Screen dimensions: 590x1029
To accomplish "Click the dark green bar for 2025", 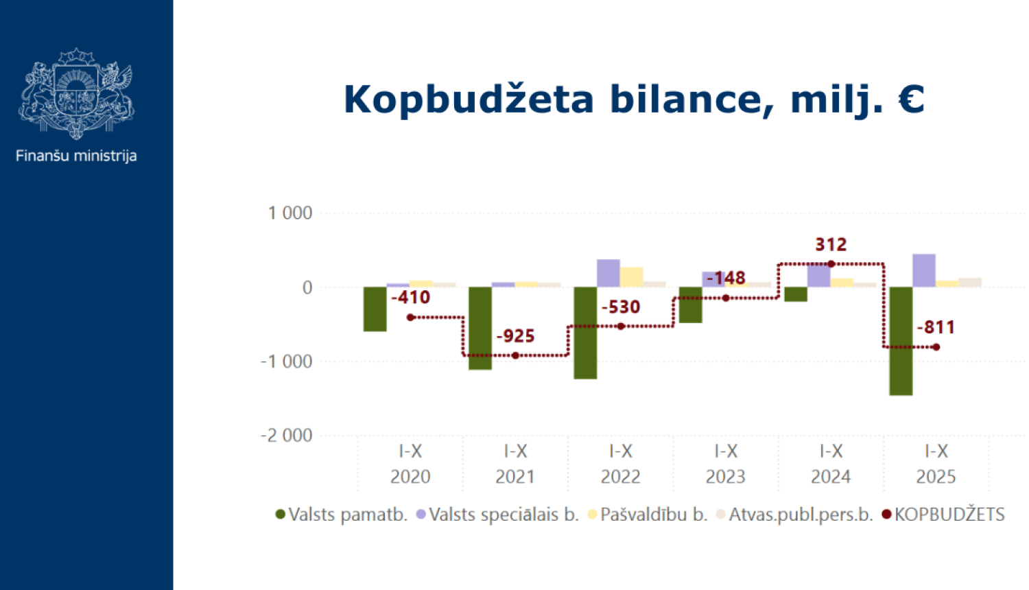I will tap(901, 341).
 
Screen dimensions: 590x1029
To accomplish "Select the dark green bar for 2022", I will tap(585, 333).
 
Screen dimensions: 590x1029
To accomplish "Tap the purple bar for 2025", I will tap(923, 270).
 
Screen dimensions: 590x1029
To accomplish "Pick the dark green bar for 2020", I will tap(375, 309).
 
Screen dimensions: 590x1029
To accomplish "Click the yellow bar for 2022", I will tap(631, 277).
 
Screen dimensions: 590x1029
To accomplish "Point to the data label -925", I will tap(515, 336).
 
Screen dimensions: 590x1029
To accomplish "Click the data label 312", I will tap(831, 244).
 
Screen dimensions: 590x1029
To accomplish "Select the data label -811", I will tap(936, 327).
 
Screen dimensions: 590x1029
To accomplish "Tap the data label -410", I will tap(410, 298).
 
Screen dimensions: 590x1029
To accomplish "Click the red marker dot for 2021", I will tap(515, 355).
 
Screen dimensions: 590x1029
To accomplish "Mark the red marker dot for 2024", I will tap(831, 264).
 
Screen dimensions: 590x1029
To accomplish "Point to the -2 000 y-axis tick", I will tap(286, 436).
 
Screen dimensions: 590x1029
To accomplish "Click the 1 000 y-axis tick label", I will tap(289, 213).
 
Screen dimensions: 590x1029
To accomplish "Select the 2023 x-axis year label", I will tap(725, 477).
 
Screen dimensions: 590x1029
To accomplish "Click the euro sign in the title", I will tap(911, 99).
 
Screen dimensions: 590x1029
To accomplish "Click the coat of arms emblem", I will tap(76, 93).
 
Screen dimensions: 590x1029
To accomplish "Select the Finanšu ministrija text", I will tap(76, 156).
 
